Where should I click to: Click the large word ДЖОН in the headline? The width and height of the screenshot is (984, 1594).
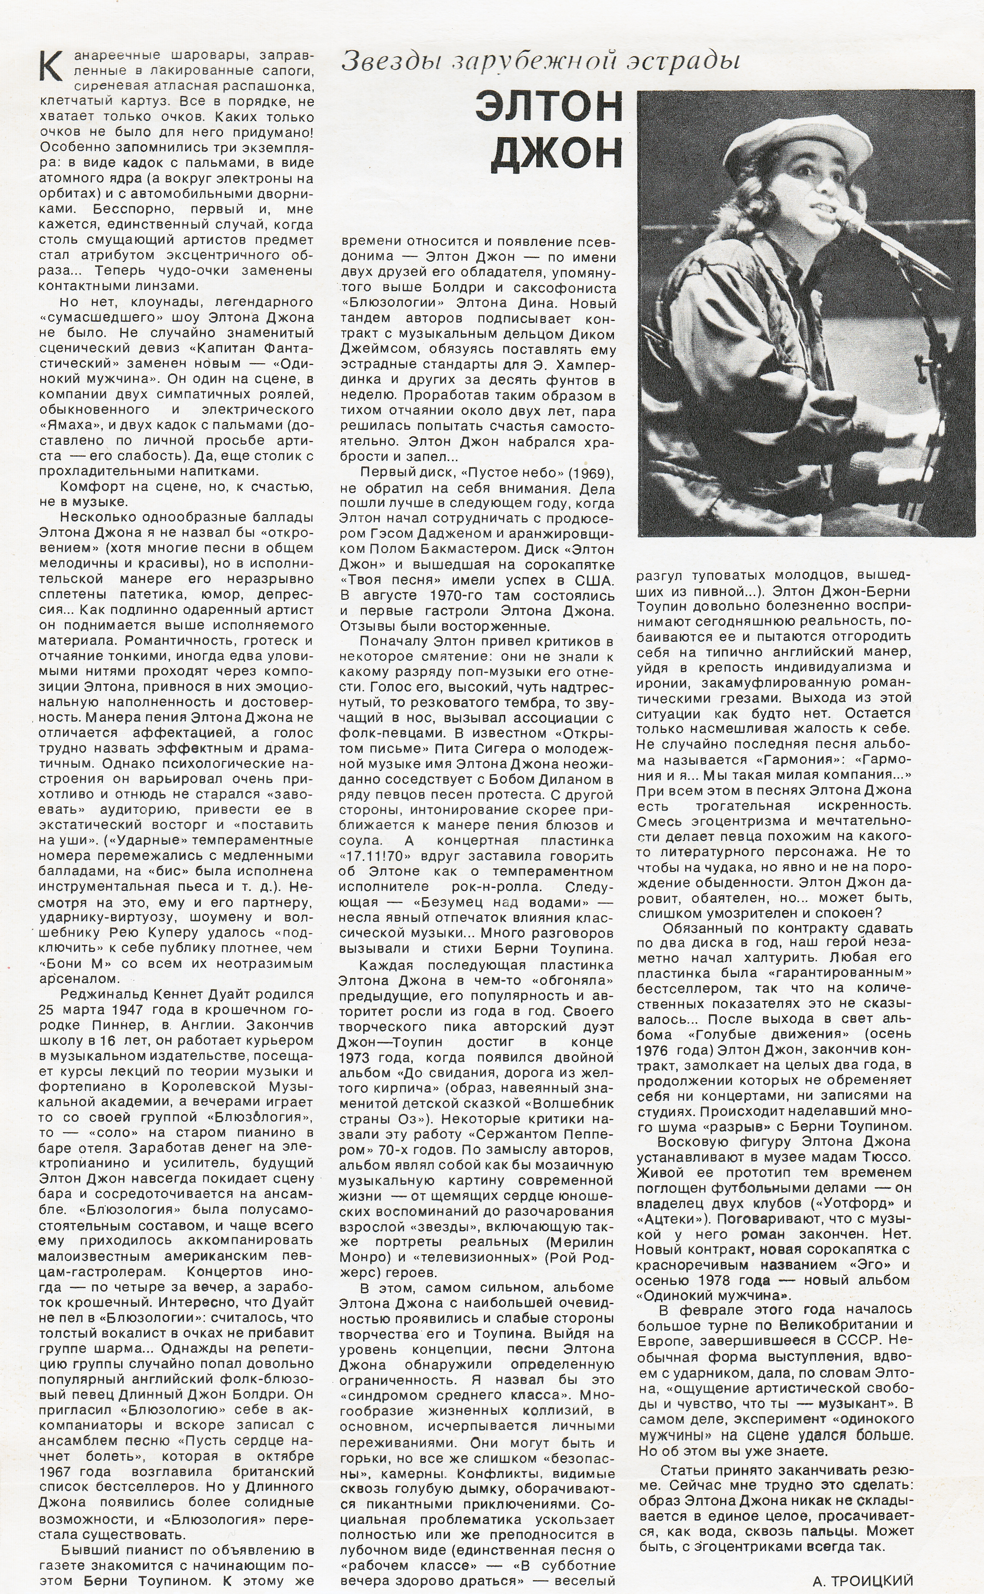coord(556,151)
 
